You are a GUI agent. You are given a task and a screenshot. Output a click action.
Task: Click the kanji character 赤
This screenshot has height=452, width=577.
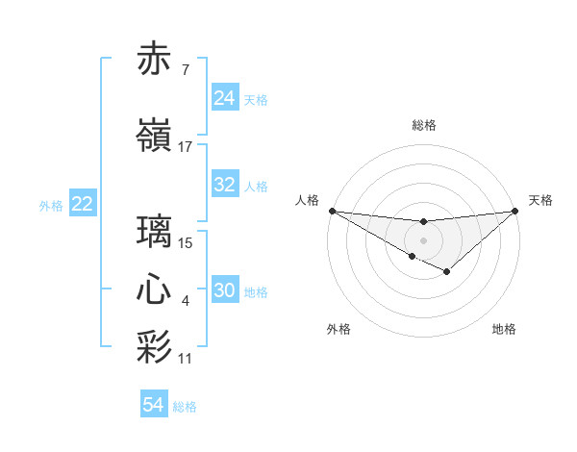click(155, 60)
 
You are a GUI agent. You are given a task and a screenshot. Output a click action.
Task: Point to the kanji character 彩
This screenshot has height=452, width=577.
click(155, 347)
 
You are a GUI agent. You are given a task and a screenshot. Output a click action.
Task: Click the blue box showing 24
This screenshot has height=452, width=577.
click(225, 98)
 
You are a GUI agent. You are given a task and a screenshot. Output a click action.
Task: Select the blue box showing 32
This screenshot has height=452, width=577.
click(225, 185)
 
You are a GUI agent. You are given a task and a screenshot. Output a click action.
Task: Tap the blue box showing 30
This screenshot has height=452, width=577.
click(225, 291)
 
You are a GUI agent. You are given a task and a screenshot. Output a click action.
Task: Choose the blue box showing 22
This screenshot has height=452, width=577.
click(83, 204)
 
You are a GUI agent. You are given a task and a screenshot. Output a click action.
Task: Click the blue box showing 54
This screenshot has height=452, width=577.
click(154, 406)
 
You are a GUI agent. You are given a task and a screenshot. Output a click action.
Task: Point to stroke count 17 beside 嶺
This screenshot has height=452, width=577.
click(186, 147)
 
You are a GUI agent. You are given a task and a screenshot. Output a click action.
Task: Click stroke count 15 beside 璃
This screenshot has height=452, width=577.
click(186, 242)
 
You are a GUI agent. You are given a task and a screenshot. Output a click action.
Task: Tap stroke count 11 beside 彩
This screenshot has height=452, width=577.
click(186, 359)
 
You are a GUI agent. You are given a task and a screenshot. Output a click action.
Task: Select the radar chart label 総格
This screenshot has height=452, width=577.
click(423, 125)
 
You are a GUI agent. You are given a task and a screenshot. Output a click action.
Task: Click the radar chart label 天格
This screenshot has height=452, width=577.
click(541, 200)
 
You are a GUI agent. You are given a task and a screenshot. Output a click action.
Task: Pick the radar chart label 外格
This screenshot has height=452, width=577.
click(338, 329)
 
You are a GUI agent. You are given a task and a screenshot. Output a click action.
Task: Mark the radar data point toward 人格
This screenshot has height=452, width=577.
click(332, 211)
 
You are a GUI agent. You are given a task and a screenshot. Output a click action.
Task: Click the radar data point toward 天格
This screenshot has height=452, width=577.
click(515, 211)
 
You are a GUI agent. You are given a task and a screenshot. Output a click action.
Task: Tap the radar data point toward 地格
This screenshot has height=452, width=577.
click(447, 272)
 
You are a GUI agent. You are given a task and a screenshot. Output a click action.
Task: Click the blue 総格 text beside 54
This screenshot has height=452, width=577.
click(185, 407)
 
